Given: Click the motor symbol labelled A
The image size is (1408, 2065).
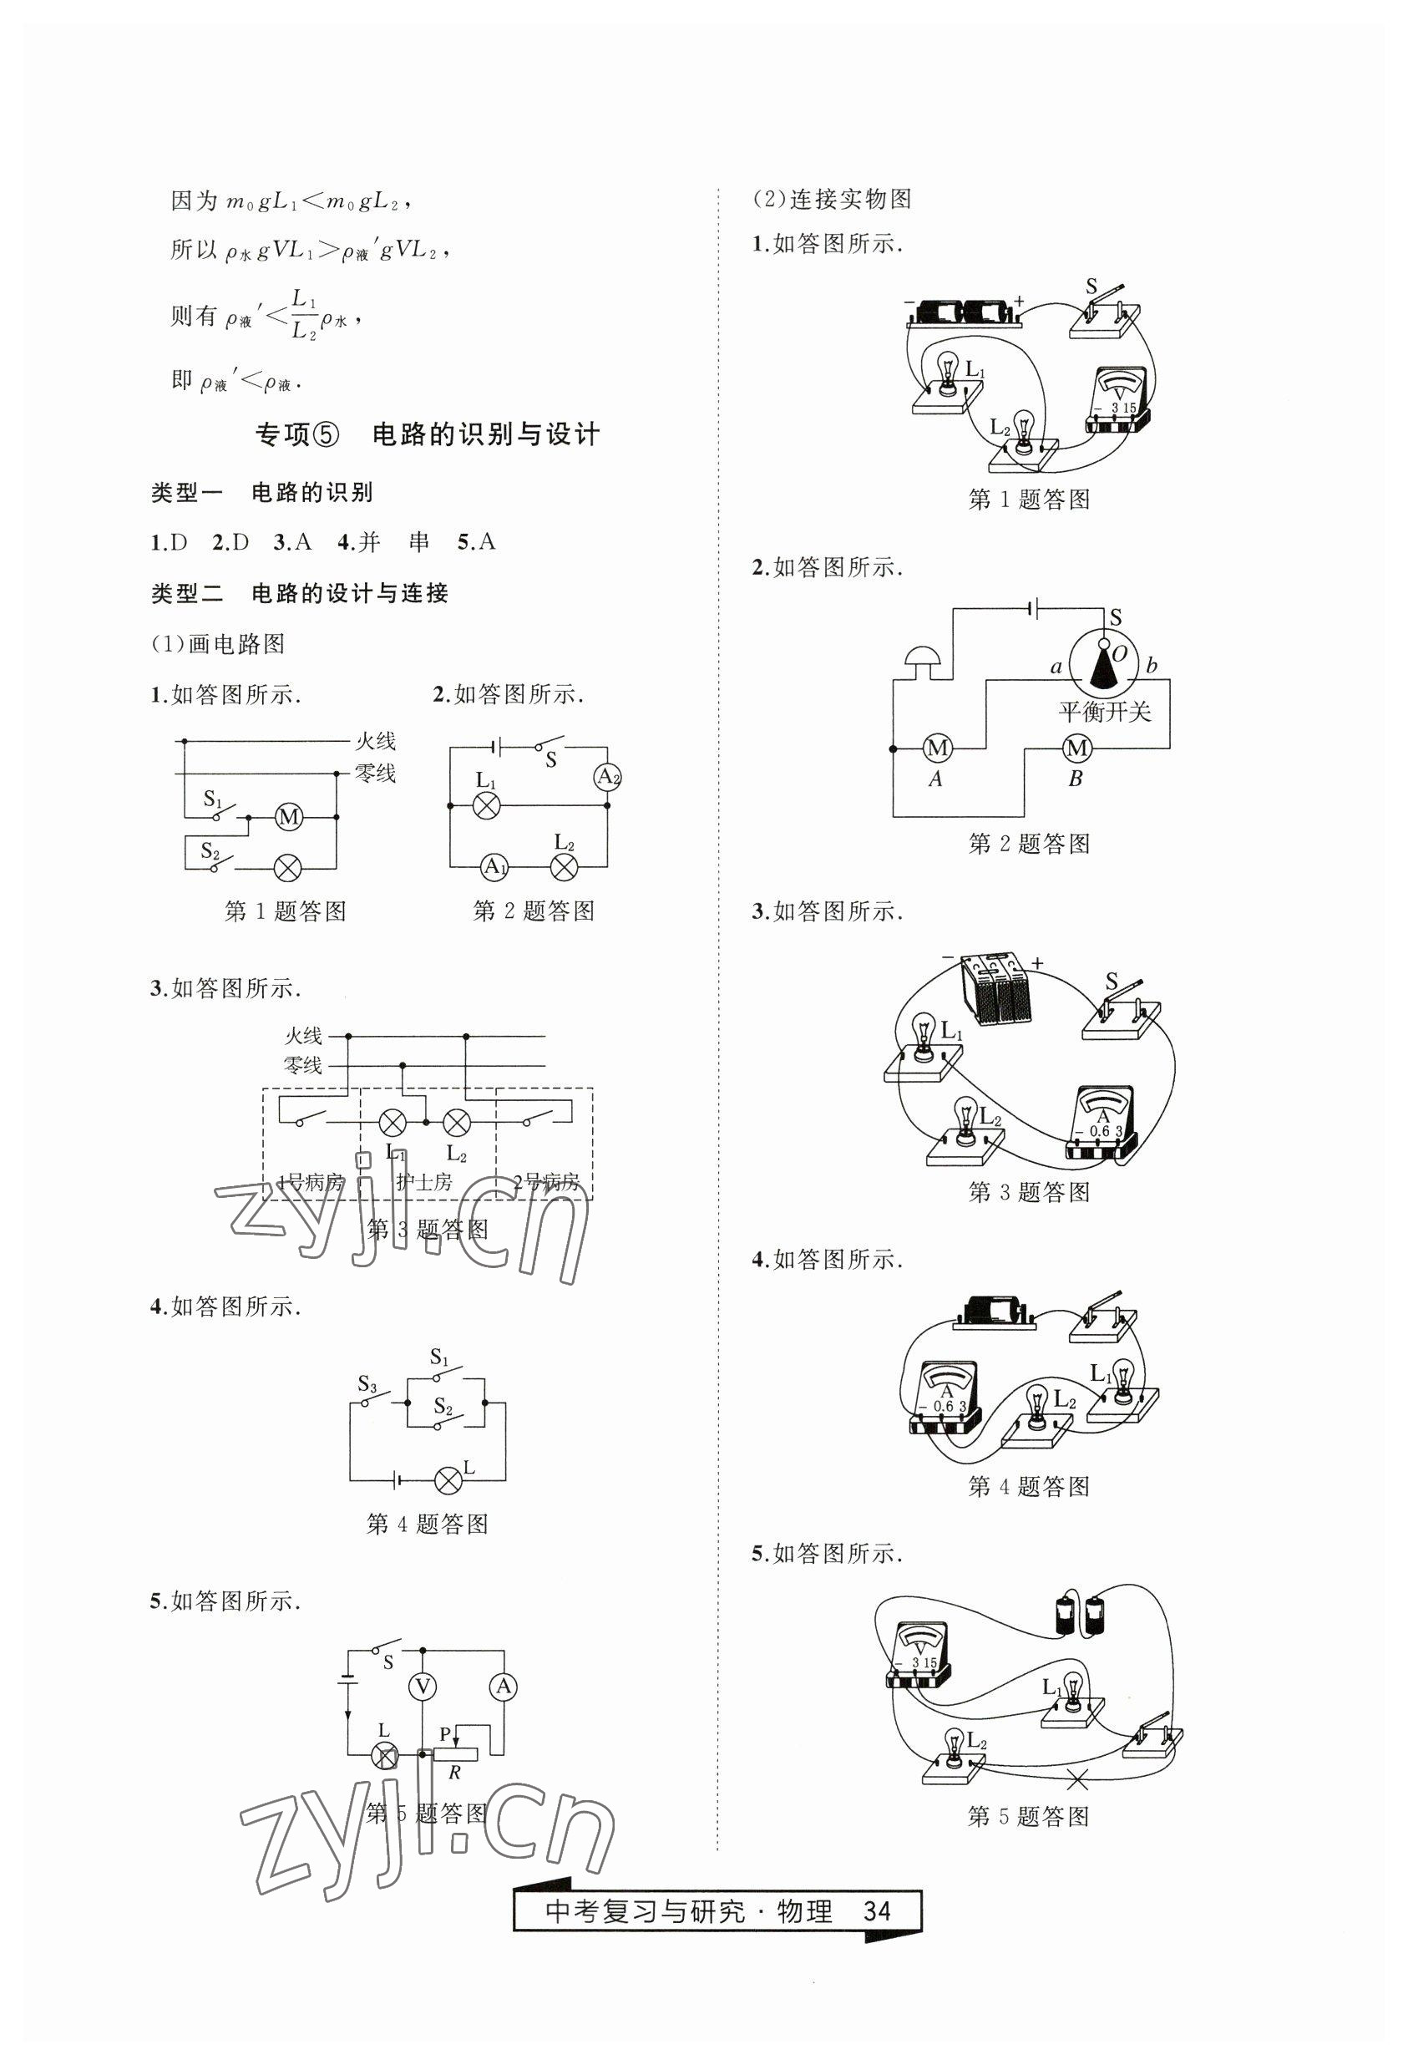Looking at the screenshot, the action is coord(937,748).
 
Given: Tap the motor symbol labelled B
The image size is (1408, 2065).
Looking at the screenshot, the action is coord(1076,748).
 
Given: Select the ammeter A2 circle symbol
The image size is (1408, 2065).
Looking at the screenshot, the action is coord(607,778).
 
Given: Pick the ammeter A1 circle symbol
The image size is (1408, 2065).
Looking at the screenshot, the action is coord(494,866).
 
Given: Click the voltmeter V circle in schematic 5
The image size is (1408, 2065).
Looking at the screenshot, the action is coord(423,1686).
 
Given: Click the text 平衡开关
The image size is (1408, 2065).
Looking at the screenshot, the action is coord(1105,711).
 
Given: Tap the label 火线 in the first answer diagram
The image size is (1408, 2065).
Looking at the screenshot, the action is coord(375,740).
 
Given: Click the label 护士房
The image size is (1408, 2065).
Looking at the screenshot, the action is coord(423,1182).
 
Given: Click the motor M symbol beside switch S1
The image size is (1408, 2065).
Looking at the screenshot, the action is coord(288,817).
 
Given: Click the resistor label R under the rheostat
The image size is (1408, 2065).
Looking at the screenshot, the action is coord(455,1773).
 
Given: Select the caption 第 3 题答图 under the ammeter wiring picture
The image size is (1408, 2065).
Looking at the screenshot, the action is coord(1029,1192).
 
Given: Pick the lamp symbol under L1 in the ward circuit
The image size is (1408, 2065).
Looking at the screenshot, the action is coord(392,1122).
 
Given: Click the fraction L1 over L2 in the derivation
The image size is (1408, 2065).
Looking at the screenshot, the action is coord(304,315).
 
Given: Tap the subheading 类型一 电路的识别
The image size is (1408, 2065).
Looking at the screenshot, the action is coord(261,491).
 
